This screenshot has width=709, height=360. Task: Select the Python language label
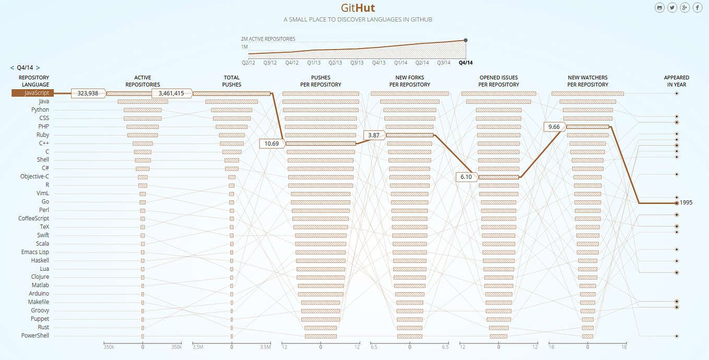click(40, 110)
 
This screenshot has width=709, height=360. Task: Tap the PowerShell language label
click(35, 335)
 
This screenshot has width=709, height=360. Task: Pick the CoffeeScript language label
click(34, 218)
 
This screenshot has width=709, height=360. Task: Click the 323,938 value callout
click(88, 93)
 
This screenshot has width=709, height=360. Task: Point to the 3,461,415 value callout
click(171, 93)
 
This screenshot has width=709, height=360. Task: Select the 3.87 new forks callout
click(374, 135)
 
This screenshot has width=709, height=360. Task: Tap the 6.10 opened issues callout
click(466, 177)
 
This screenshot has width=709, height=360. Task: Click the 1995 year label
click(686, 202)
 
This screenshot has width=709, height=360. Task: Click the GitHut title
click(358, 8)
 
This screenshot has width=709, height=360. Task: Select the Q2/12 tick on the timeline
click(249, 63)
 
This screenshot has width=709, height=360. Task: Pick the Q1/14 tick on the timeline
click(400, 63)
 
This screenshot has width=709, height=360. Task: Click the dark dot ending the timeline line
click(466, 40)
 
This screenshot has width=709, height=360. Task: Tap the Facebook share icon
click(697, 7)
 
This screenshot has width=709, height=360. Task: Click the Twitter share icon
click(672, 7)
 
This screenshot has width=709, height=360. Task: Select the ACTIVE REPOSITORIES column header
click(143, 81)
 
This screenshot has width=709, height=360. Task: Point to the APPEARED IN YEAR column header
click(677, 81)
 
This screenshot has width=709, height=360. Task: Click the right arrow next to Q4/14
click(38, 68)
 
